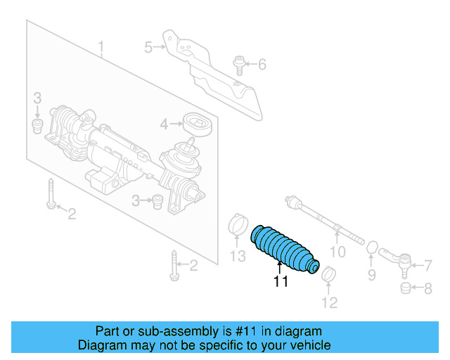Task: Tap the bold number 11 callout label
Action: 281,282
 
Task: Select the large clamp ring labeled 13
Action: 238,226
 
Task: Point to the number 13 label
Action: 238,255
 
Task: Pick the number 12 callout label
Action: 330,302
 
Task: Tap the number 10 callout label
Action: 338,251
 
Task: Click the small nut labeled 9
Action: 371,247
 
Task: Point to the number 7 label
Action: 427,265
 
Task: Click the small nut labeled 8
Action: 405,288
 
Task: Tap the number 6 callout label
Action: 262,65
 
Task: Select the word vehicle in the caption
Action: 309,345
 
